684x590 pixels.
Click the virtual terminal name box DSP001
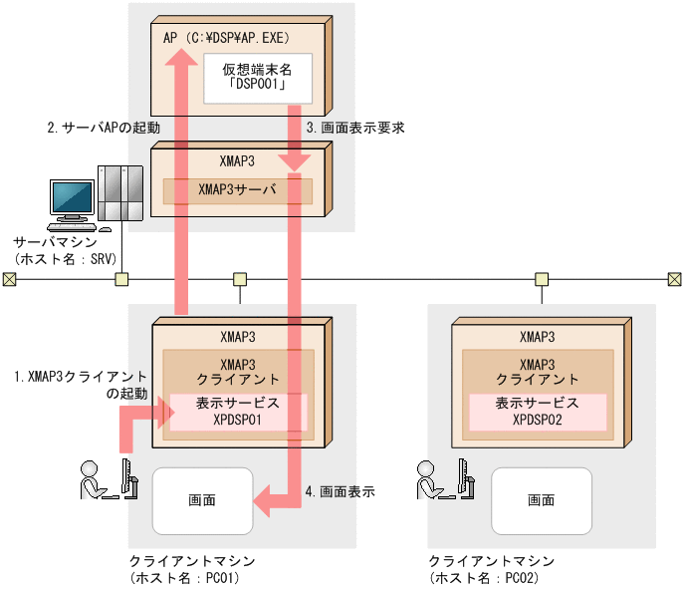click(x=257, y=79)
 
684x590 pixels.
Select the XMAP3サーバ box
click(x=237, y=191)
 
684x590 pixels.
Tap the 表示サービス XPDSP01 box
click(x=238, y=413)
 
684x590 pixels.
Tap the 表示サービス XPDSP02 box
click(x=537, y=413)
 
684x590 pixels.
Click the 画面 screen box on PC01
click(x=202, y=500)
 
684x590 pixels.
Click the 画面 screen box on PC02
click(x=541, y=500)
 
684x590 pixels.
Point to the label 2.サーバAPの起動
click(x=104, y=129)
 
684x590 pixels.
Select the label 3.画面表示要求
click(x=354, y=129)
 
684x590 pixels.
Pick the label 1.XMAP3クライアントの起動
click(x=80, y=385)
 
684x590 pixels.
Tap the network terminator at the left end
click(x=9, y=279)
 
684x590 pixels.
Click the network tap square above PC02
click(x=542, y=279)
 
